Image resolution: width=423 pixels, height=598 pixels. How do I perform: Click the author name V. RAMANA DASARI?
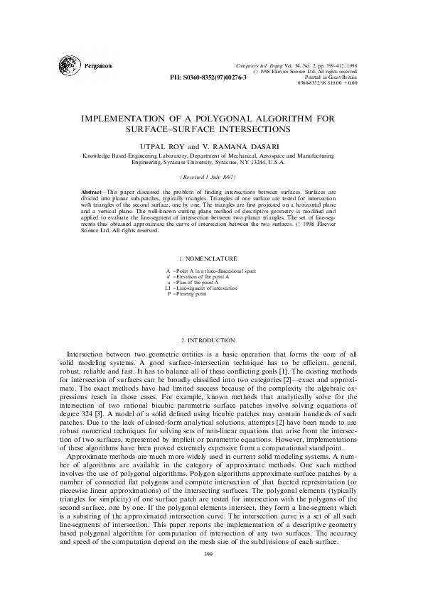[x=240, y=145]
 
